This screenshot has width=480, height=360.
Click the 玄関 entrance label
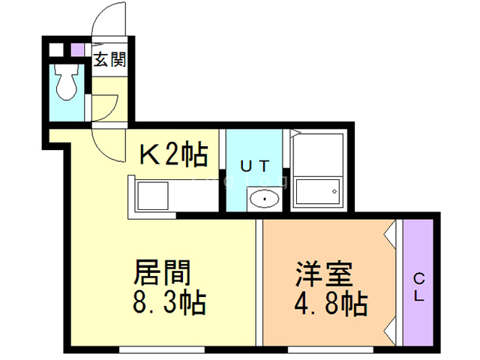[x=109, y=58]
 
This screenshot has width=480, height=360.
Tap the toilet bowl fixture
[x=67, y=82]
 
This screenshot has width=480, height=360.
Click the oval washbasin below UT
[x=264, y=199]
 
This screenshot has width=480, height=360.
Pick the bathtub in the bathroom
[x=317, y=193]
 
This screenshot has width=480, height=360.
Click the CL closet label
[x=418, y=286]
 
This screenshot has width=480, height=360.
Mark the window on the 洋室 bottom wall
[x=330, y=348]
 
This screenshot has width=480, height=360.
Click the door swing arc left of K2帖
[x=105, y=147]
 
